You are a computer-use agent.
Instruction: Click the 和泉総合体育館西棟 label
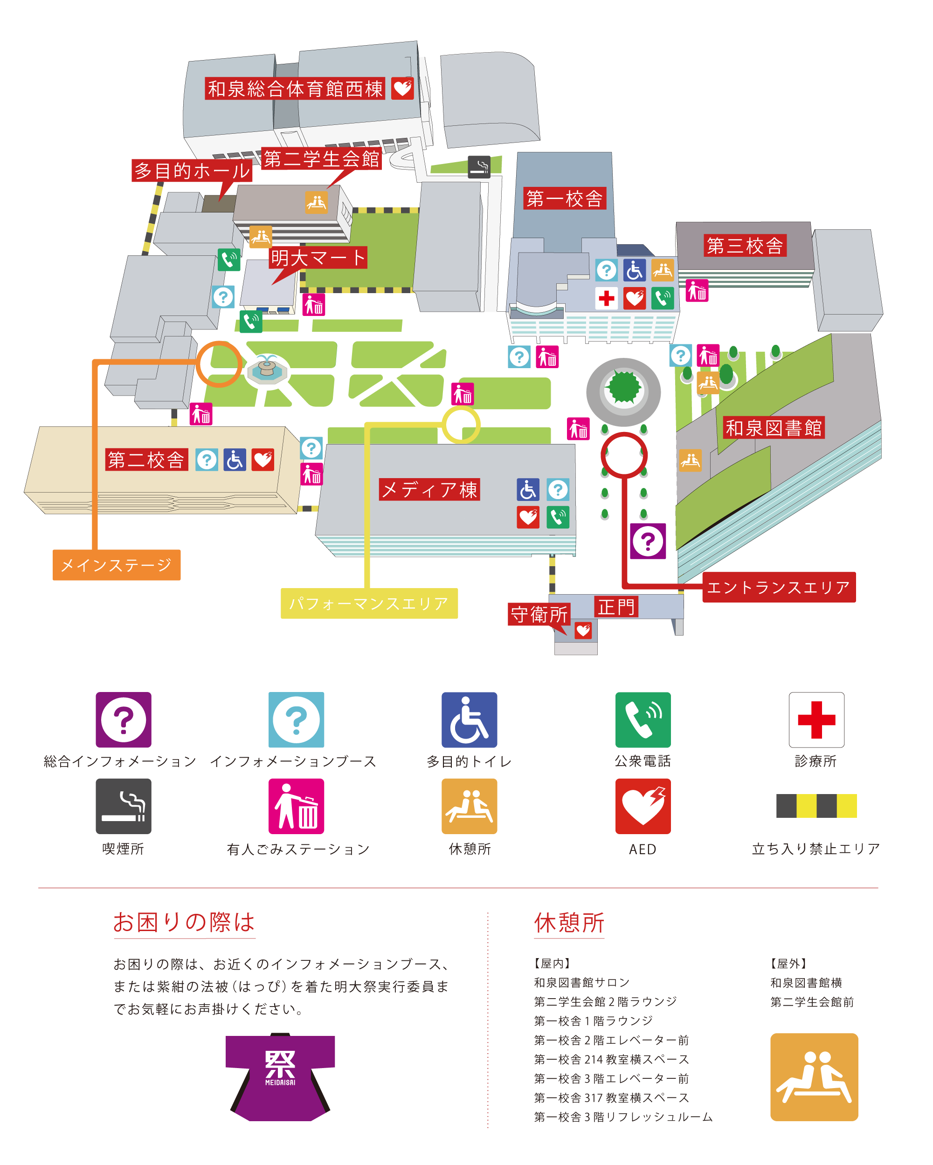pos(295,89)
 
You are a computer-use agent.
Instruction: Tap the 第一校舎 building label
pos(564,199)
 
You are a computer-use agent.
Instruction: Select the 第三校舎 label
pos(744,246)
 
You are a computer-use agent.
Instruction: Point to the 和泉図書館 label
pos(773,428)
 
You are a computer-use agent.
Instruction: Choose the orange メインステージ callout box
pos(116,565)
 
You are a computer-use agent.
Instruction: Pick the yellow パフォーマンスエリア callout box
pos(369,603)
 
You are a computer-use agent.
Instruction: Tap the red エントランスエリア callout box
pos(778,587)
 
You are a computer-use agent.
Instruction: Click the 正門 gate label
pos(616,607)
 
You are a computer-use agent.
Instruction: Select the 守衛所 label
pos(539,614)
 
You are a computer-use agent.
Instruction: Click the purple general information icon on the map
pos(648,541)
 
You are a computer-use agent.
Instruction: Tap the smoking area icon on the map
pos(479,167)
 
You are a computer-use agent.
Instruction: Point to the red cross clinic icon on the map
pos(607,298)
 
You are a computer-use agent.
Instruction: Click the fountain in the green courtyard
pos(267,369)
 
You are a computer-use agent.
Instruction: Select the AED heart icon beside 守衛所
pos(583,630)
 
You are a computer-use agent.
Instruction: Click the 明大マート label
pos(318,258)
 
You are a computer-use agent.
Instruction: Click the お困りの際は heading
pos(184,922)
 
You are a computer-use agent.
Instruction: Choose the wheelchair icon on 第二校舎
pos(235,460)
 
